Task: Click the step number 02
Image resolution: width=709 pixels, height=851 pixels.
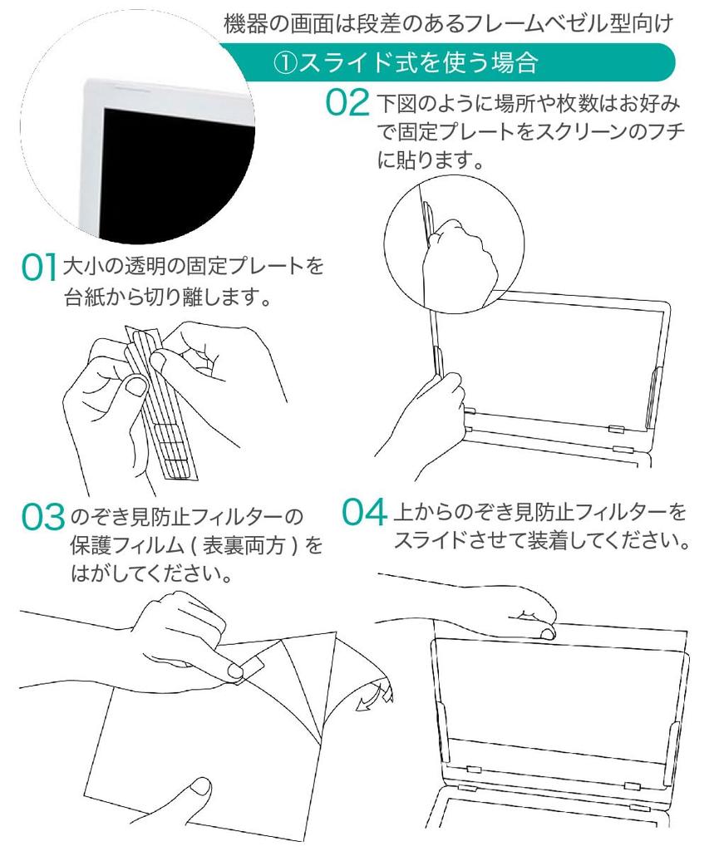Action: coord(347,103)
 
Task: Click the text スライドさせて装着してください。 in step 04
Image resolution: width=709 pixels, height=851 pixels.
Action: coord(541,541)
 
